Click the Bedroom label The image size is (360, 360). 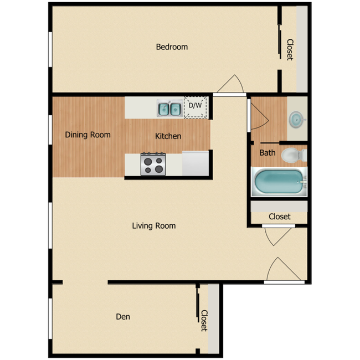click(x=172, y=47)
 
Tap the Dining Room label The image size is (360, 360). click(x=88, y=135)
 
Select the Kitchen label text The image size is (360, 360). click(x=168, y=136)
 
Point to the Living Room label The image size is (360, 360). click(x=154, y=225)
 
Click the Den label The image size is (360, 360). click(x=123, y=317)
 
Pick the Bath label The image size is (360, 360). click(x=268, y=153)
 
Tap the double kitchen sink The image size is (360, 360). click(x=170, y=109)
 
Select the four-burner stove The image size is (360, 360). click(x=153, y=163)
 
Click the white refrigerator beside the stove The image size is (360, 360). click(x=194, y=163)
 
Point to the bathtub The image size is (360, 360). click(x=279, y=182)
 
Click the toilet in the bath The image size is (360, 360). click(x=293, y=155)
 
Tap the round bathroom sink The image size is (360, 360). click(x=297, y=119)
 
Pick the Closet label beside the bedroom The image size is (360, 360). click(x=289, y=49)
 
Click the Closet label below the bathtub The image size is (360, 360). click(x=279, y=217)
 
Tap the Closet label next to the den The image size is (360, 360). click(x=203, y=320)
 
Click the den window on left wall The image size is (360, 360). click(x=50, y=318)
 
